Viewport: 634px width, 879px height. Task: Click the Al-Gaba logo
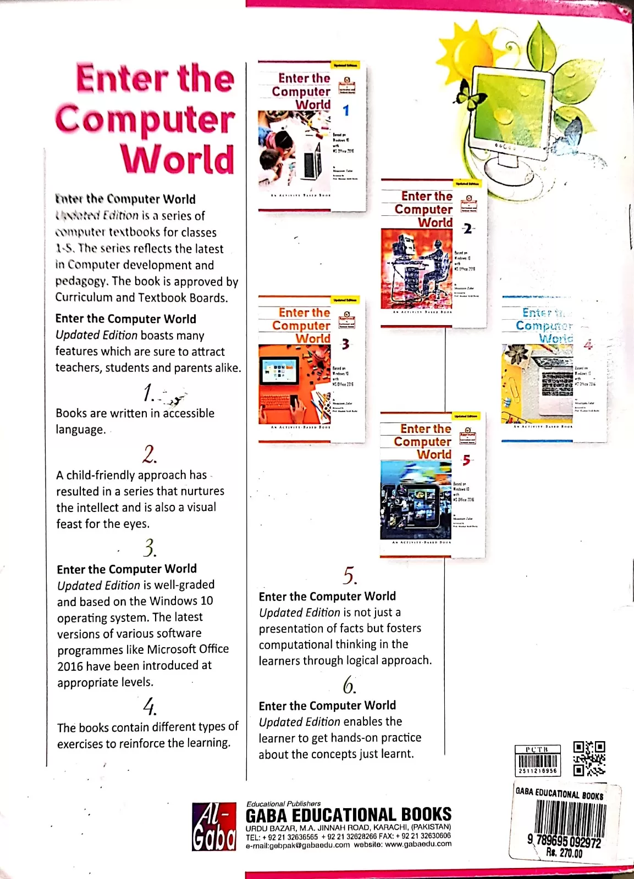(214, 826)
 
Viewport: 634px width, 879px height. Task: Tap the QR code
(589, 758)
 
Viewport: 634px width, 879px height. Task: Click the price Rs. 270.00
(564, 853)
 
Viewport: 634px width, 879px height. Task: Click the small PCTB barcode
(537, 760)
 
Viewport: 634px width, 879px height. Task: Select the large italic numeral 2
(149, 454)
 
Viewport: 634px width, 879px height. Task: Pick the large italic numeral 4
(149, 705)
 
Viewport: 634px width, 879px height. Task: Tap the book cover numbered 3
(311, 368)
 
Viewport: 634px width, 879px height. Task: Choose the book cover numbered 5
(432, 485)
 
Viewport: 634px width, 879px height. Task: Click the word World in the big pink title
(178, 159)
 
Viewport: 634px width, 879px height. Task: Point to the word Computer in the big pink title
(145, 119)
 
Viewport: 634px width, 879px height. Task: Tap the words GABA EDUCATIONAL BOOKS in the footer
(348, 815)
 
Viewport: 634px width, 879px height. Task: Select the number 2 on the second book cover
(467, 229)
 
